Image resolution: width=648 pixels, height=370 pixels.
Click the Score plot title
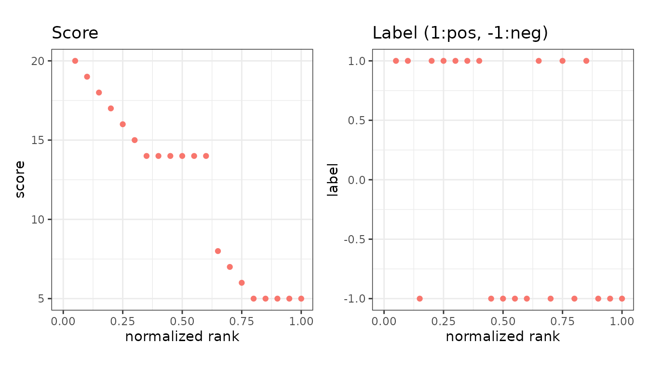(x=75, y=33)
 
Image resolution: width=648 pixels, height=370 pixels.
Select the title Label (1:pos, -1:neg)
(x=460, y=33)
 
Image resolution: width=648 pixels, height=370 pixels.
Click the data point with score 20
(x=75, y=61)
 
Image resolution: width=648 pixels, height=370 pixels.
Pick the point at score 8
(x=218, y=251)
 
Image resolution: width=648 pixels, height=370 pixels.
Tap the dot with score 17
(x=111, y=108)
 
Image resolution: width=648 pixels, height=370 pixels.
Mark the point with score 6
(x=242, y=283)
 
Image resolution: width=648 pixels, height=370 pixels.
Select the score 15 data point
(x=135, y=140)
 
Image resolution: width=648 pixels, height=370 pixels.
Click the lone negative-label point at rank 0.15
(x=420, y=299)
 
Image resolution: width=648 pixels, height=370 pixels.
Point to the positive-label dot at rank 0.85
(x=586, y=61)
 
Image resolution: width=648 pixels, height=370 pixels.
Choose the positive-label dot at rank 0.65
(x=539, y=61)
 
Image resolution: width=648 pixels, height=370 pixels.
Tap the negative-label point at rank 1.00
(x=622, y=299)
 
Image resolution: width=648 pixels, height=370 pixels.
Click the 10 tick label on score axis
(x=38, y=220)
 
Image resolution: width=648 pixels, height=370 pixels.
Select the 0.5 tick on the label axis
(x=356, y=120)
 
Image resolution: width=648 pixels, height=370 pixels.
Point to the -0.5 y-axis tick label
(x=354, y=239)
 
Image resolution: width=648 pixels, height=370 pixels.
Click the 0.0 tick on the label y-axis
(x=356, y=180)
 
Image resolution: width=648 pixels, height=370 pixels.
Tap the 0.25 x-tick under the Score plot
(x=122, y=321)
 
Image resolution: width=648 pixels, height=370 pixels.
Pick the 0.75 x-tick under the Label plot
(x=562, y=321)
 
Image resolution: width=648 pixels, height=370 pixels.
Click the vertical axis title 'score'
(x=20, y=180)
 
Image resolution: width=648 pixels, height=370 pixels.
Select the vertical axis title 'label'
(x=332, y=180)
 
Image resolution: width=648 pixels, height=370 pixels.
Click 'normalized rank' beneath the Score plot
(x=182, y=337)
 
